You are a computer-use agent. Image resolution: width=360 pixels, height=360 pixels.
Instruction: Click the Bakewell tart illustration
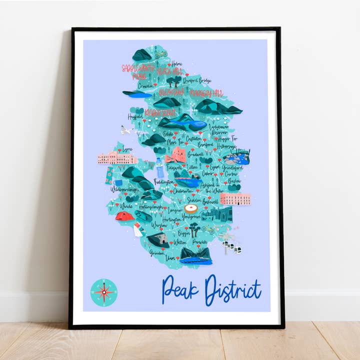191,208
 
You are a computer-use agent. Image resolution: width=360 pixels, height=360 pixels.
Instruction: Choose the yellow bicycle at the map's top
160,53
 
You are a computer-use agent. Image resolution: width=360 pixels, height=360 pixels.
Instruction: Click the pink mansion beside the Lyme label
117,158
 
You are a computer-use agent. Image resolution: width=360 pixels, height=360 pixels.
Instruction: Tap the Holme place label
176,64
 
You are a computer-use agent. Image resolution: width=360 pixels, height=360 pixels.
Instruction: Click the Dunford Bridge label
197,80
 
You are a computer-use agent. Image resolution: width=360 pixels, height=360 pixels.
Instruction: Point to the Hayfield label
135,116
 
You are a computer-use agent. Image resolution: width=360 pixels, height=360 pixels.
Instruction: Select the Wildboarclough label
124,190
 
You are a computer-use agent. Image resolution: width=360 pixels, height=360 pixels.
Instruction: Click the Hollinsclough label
150,205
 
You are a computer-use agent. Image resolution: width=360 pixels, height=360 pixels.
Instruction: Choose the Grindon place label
157,252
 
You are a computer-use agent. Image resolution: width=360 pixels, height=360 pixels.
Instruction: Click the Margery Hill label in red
205,93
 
